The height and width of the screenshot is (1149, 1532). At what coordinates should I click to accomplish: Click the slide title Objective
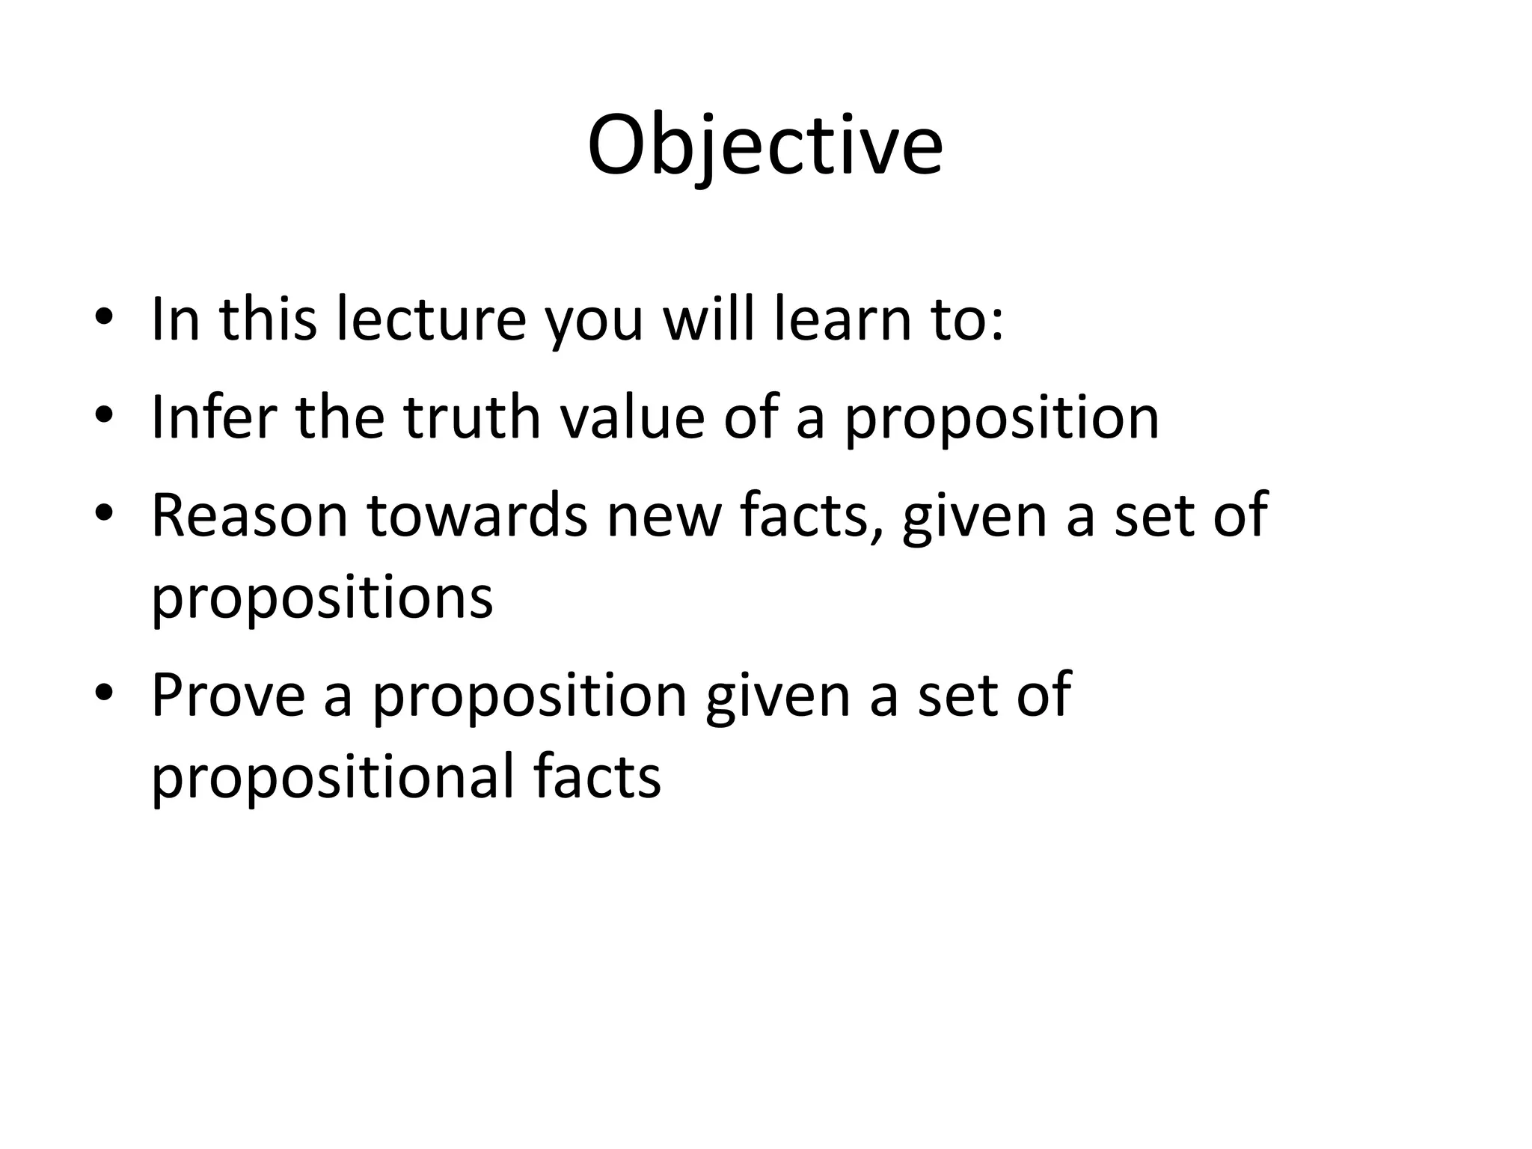click(x=765, y=146)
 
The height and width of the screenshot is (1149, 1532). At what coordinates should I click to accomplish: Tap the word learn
click(x=839, y=319)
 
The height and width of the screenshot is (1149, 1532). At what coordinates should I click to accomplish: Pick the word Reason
click(x=250, y=515)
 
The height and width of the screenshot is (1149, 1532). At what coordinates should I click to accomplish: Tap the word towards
click(x=477, y=515)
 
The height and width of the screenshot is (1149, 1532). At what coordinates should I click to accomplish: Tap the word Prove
click(x=228, y=695)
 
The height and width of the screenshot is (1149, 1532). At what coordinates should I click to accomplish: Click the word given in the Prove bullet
click(x=778, y=696)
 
